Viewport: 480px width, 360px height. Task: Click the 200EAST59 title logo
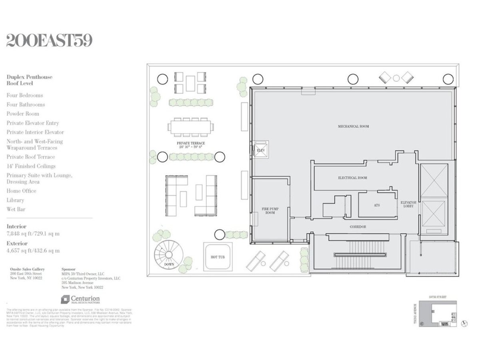click(49, 41)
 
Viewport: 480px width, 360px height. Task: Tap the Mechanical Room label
click(353, 126)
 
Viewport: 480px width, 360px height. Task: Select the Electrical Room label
click(352, 178)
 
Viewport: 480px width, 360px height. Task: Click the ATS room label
click(377, 205)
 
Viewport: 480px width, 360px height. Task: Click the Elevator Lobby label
click(408, 205)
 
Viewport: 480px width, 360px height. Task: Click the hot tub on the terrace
click(218, 257)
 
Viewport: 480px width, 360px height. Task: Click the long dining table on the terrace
click(190, 127)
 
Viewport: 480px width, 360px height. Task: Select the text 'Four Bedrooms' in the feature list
click(24, 95)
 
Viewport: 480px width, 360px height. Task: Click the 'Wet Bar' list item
click(15, 209)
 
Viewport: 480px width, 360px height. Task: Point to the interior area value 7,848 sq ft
click(33, 234)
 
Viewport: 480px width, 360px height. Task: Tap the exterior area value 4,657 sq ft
click(33, 251)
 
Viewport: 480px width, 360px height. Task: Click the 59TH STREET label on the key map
click(438, 298)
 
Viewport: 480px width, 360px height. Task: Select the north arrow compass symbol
click(464, 323)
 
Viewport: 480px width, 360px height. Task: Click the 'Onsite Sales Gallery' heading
click(28, 269)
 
